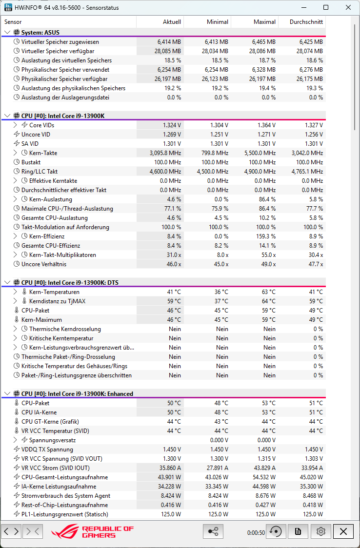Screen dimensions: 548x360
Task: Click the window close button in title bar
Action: click(x=347, y=7)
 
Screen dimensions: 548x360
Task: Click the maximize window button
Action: click(x=326, y=7)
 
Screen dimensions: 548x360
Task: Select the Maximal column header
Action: click(x=264, y=22)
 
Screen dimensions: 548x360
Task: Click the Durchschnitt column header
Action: click(x=306, y=22)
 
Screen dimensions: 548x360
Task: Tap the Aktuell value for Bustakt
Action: click(x=167, y=162)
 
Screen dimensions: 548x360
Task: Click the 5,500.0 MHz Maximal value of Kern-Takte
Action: click(x=260, y=153)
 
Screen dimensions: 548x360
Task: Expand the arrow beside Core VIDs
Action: click(x=15, y=125)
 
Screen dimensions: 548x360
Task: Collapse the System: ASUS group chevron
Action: click(x=7, y=33)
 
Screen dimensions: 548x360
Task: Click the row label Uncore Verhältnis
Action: click(x=44, y=264)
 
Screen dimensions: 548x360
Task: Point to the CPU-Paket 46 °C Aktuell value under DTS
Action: click(x=174, y=311)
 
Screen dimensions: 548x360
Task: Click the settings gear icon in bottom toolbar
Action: click(x=320, y=531)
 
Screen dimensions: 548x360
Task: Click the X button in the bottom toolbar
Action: click(x=343, y=531)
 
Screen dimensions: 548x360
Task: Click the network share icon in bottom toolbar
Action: click(x=213, y=531)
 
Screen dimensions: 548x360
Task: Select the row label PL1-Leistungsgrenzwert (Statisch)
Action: click(x=65, y=514)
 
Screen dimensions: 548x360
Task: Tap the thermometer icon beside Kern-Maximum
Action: click(x=17, y=320)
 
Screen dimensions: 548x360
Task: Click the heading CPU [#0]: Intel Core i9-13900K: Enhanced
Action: click(x=77, y=394)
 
